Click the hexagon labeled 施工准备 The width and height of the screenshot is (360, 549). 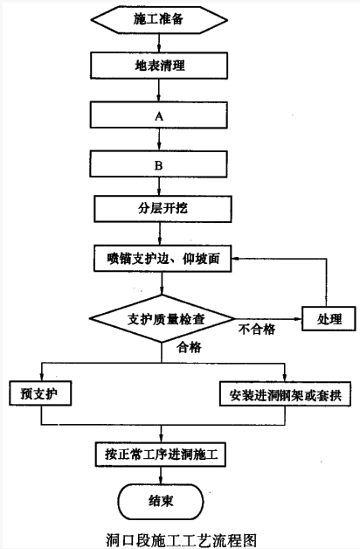159,19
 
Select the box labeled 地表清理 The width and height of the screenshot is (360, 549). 159,66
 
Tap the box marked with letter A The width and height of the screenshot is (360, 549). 159,115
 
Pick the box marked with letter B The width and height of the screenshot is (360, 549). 159,163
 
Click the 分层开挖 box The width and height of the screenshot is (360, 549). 163,209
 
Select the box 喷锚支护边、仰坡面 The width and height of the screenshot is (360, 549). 163,259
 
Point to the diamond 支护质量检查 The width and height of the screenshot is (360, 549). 162,319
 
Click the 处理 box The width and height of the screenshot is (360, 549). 329,319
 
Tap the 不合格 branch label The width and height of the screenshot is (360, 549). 256,330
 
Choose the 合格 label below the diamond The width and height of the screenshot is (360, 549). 189,347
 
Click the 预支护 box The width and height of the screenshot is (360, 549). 40,393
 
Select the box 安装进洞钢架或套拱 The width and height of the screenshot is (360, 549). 285,394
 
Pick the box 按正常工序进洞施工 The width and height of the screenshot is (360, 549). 161,455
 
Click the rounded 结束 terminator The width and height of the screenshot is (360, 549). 161,502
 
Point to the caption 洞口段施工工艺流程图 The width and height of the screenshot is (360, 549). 182,539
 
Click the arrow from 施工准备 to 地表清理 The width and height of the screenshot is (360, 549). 159,43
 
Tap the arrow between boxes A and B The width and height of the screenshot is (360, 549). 159,139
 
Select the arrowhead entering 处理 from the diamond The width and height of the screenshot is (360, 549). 299,319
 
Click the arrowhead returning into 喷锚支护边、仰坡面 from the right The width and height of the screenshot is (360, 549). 235,259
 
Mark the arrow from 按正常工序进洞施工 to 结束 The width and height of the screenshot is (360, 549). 161,476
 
